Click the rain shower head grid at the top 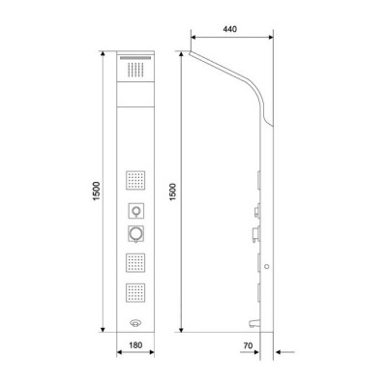coord(134,69)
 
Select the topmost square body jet coord(134,180)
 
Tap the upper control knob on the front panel coord(134,212)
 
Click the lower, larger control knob coord(134,233)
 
